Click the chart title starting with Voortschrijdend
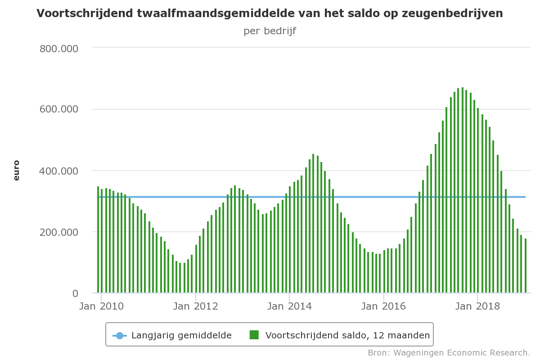click(x=270, y=13)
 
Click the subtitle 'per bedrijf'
click(x=270, y=31)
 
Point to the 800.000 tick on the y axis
click(x=59, y=48)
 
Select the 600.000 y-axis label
click(x=59, y=109)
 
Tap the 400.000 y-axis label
click(x=59, y=171)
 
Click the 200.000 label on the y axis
click(x=59, y=232)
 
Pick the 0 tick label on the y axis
click(x=75, y=293)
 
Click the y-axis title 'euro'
click(x=17, y=170)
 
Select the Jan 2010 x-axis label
click(x=101, y=306)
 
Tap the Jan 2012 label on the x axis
click(x=196, y=306)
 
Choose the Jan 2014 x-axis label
click(x=289, y=306)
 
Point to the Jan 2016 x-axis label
click(x=383, y=306)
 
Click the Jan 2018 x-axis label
click(x=477, y=306)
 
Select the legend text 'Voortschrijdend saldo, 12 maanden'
click(x=347, y=335)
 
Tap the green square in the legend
click(x=254, y=335)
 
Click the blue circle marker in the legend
click(x=120, y=335)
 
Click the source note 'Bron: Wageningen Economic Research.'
click(x=449, y=352)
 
